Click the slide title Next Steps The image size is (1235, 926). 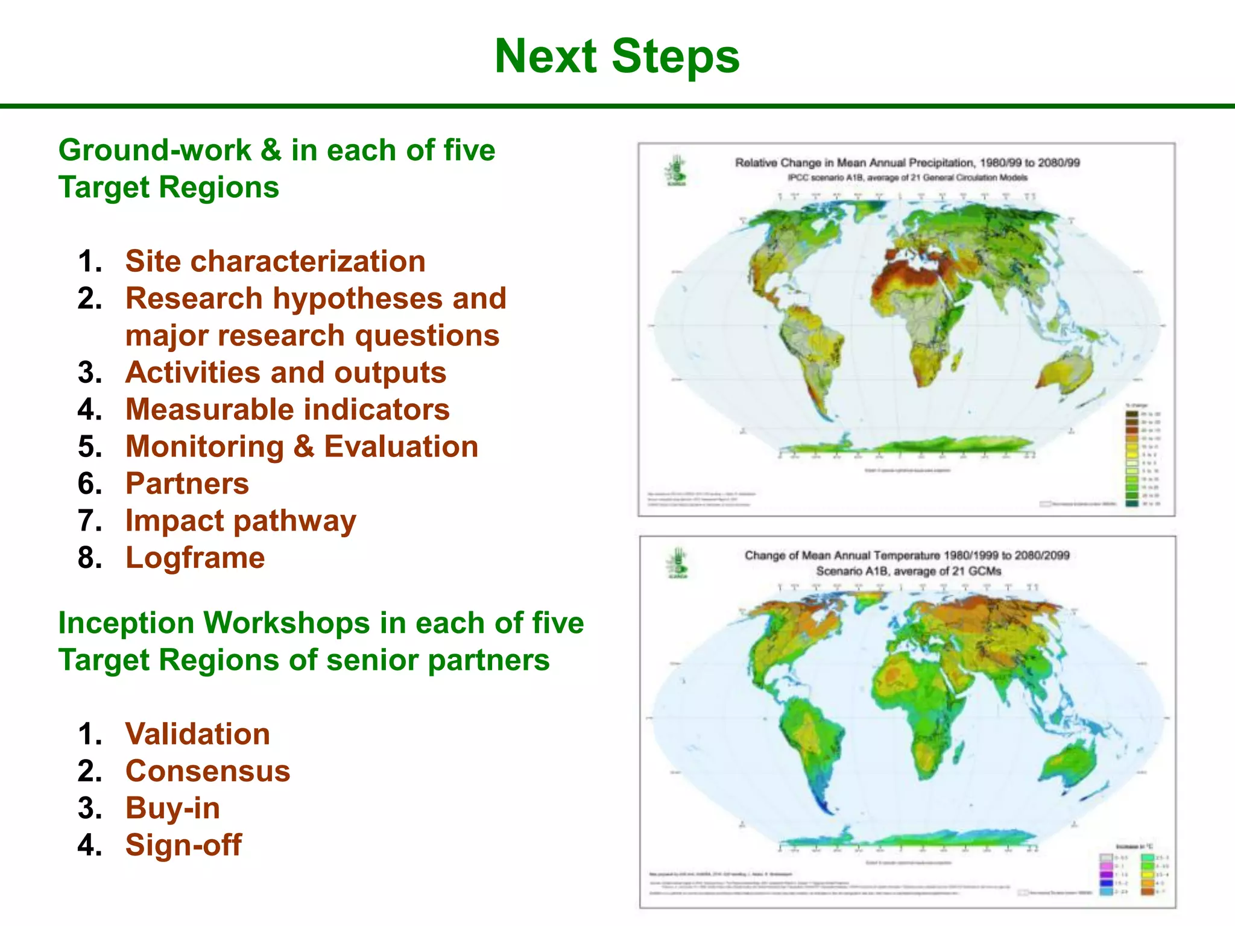[616, 56]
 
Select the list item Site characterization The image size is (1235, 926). [275, 262]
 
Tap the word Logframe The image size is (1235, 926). [195, 558]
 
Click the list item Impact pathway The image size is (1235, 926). [241, 521]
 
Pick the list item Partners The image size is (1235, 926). [187, 484]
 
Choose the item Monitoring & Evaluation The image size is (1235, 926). [302, 447]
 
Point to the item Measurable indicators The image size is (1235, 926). [287, 410]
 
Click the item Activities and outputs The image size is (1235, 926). [285, 373]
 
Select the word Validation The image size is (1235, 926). [197, 734]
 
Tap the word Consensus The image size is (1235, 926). [207, 772]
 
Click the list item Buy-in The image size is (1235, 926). [172, 808]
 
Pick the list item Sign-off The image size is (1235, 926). [183, 845]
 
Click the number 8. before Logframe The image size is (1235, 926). [90, 558]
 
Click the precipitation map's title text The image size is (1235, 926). [907, 163]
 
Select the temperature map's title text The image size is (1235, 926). [907, 555]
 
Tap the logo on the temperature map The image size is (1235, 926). [677, 563]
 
